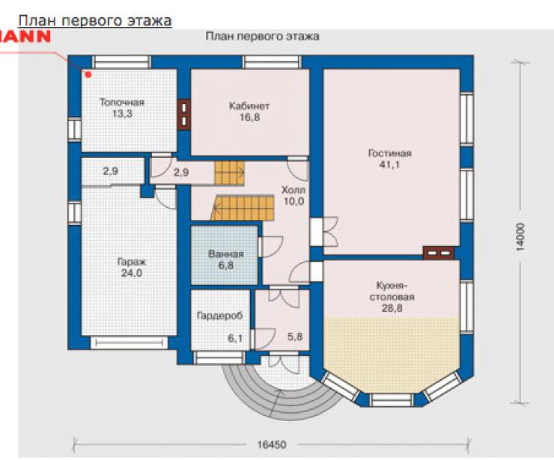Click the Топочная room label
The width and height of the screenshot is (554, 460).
[x=122, y=102]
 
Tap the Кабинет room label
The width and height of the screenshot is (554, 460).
[x=249, y=106]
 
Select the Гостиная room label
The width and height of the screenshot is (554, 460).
[x=390, y=153]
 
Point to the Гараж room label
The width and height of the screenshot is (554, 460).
[x=132, y=263]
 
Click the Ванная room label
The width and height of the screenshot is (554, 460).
[x=226, y=254]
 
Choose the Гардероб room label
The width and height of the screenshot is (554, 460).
[x=220, y=316]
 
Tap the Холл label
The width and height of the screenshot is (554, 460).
[x=293, y=190]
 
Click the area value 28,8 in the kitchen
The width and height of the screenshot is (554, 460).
[x=392, y=308]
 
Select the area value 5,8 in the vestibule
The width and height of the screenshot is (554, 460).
[x=295, y=337]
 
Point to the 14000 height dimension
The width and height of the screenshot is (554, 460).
[x=520, y=236]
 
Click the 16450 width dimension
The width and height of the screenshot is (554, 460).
[x=272, y=444]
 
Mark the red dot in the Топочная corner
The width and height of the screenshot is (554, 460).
[x=88, y=75]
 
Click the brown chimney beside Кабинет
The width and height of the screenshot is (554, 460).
[x=184, y=115]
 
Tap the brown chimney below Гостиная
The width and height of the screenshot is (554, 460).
[x=439, y=253]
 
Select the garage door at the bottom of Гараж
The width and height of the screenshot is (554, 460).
[x=130, y=343]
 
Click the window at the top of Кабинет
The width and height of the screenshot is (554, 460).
[x=272, y=62]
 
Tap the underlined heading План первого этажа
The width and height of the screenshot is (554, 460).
[x=95, y=21]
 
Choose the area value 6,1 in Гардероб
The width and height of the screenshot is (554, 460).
[x=235, y=339]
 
